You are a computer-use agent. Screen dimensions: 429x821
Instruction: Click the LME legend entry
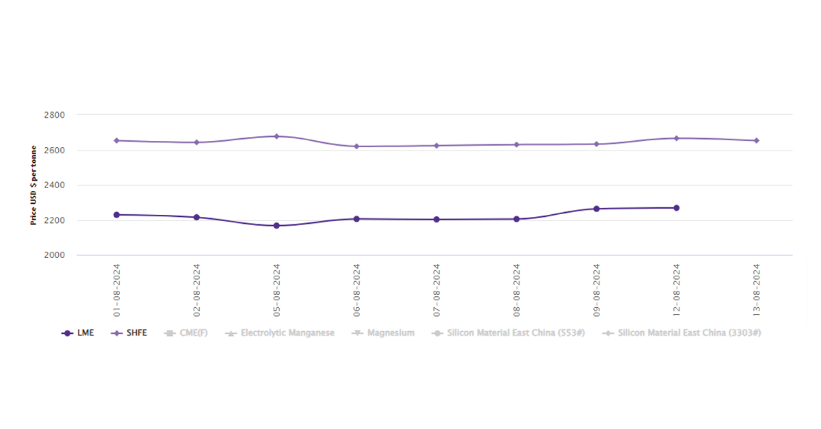(78, 333)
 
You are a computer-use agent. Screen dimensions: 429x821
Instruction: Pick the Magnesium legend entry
(384, 333)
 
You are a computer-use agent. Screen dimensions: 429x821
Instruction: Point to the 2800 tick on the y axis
(54, 115)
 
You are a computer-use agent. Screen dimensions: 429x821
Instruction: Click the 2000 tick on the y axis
(54, 255)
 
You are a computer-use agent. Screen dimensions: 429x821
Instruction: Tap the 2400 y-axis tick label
(54, 185)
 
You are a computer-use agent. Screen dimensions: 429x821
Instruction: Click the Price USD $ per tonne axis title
(34, 185)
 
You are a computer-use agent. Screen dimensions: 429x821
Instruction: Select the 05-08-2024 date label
(276, 289)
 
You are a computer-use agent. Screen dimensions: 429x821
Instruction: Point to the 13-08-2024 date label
(756, 289)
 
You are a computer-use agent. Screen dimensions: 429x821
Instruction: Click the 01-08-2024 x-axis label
(116, 289)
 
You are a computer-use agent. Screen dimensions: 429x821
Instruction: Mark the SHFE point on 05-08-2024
(276, 136)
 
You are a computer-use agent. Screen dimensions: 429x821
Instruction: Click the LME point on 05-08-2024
(276, 225)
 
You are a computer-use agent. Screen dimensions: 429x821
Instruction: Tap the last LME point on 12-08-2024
(676, 208)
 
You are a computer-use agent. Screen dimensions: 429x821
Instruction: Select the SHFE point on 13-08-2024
(756, 140)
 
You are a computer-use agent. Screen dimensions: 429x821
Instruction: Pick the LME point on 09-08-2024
(596, 209)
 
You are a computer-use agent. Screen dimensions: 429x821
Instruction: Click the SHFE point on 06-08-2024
(356, 146)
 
